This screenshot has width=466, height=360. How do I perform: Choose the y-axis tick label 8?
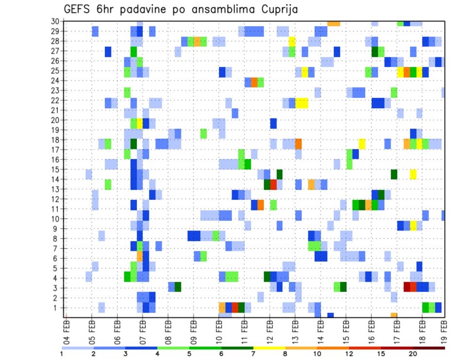tap(56, 238)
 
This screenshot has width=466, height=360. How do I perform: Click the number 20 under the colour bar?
tap(413, 354)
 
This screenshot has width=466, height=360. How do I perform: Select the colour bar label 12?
tap(349, 354)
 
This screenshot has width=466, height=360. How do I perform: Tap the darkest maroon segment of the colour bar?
tap(429, 347)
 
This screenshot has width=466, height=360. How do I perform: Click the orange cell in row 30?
tap(334, 23)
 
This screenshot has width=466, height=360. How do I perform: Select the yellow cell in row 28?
tap(292, 41)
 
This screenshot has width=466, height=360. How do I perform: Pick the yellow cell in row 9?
tap(413, 226)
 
